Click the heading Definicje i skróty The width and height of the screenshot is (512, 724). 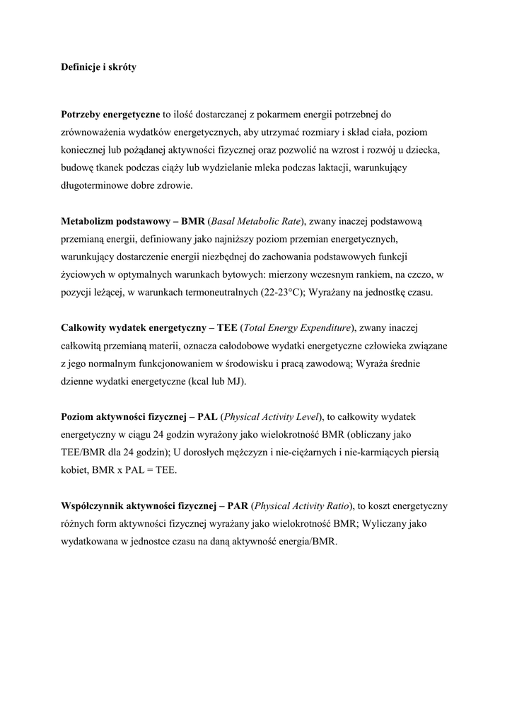(98, 68)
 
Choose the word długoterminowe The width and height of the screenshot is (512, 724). (92, 185)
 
